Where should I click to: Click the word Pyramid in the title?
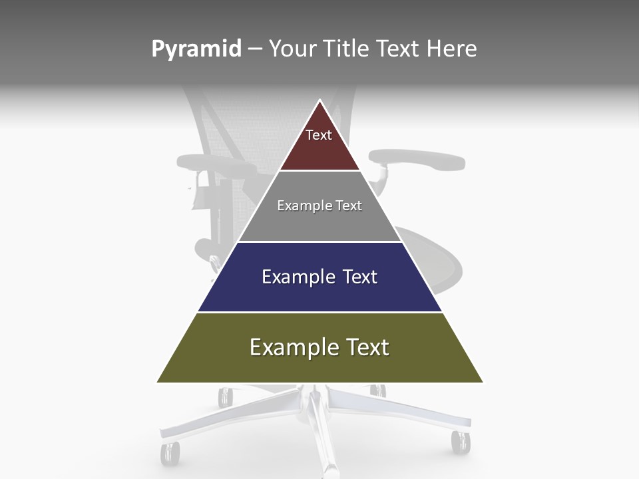tap(196, 49)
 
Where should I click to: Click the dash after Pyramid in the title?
tap(255, 49)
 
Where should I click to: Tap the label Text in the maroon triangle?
tap(319, 135)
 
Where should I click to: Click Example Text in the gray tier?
tap(319, 206)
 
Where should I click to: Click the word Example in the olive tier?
tap(291, 347)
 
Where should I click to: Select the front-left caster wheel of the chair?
tap(170, 454)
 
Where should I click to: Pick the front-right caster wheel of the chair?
tap(460, 442)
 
